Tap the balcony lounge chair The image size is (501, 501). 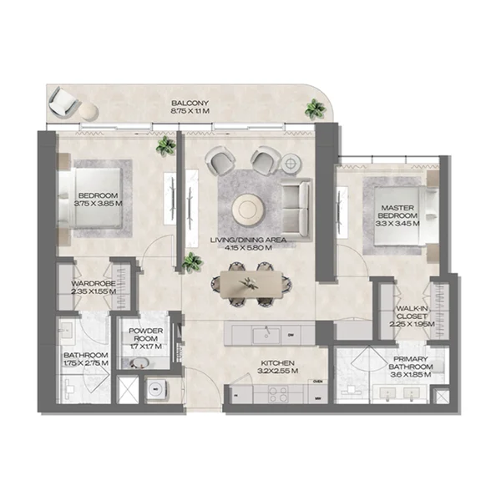[62, 101]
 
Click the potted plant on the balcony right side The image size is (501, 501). [315, 108]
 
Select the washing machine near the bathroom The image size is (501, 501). [156, 389]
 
